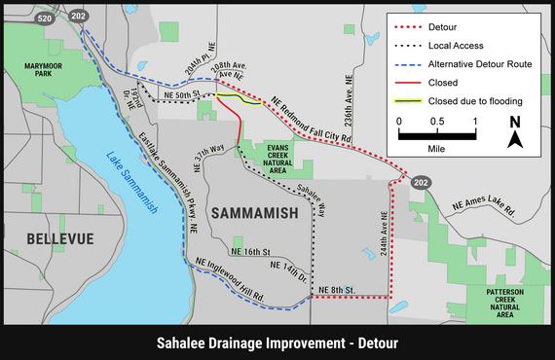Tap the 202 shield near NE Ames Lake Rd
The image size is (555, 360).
coord(420,183)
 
